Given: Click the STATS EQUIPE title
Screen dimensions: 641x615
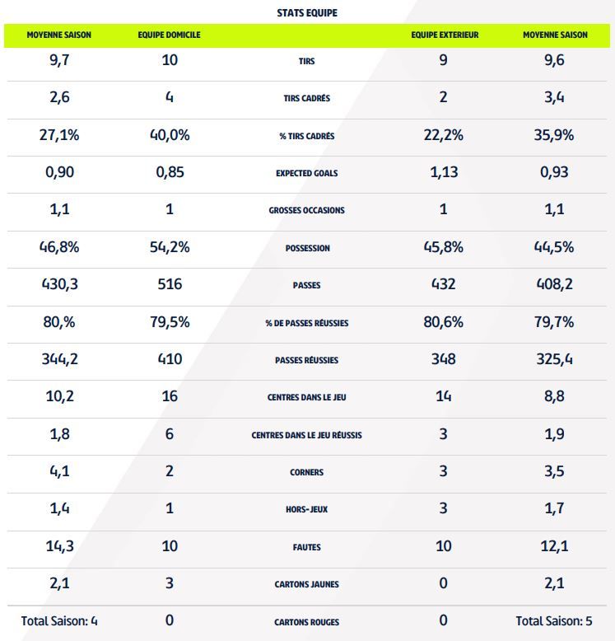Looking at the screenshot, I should pyautogui.click(x=307, y=13).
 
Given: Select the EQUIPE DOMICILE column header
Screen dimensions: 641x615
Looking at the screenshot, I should pyautogui.click(x=170, y=35).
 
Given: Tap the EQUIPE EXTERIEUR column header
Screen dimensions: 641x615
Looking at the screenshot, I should pyautogui.click(x=445, y=35).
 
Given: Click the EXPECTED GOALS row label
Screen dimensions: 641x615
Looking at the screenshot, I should pyautogui.click(x=307, y=173).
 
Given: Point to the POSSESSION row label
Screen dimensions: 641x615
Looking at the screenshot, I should pyautogui.click(x=307, y=248).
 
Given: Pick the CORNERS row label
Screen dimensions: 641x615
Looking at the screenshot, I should pyautogui.click(x=307, y=472).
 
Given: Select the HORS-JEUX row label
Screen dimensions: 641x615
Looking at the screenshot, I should pyautogui.click(x=307, y=509).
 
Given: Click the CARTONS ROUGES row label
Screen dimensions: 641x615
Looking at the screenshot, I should pyautogui.click(x=307, y=621).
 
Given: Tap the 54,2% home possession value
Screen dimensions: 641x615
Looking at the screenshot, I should pyautogui.click(x=170, y=247).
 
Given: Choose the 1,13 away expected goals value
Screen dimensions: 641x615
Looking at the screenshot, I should pyautogui.click(x=444, y=172).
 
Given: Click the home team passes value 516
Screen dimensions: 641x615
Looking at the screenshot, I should pyautogui.click(x=170, y=284).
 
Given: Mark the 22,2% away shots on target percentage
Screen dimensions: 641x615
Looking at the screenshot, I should pyautogui.click(x=444, y=135).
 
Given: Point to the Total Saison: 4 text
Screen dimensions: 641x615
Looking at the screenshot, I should pyautogui.click(x=59, y=620).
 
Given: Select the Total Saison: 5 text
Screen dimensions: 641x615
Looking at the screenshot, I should pyautogui.click(x=554, y=620).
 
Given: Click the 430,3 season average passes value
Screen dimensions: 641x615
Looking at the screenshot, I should pyautogui.click(x=59, y=284).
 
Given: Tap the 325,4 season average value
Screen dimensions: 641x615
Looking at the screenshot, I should pyautogui.click(x=554, y=359).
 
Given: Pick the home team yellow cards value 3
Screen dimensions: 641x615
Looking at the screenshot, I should pyautogui.click(x=170, y=583).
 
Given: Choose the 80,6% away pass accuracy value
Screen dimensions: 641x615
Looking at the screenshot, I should pyautogui.click(x=444, y=322).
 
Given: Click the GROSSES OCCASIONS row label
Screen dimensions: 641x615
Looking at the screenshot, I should pyautogui.click(x=307, y=210).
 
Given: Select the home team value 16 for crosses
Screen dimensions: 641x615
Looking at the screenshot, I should pyautogui.click(x=170, y=396).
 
